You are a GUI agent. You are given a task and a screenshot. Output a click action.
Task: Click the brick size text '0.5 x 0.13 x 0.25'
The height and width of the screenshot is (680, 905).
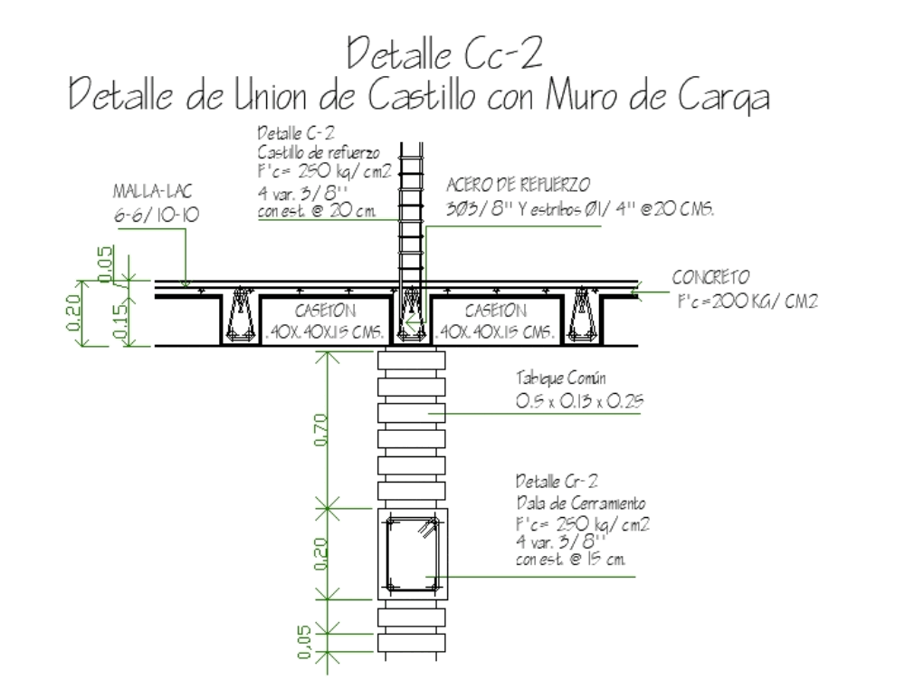tap(578, 402)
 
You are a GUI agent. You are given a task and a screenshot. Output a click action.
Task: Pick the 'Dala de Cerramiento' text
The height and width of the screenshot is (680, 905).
tap(580, 503)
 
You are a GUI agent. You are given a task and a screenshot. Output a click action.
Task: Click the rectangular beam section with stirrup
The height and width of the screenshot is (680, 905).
tap(412, 553)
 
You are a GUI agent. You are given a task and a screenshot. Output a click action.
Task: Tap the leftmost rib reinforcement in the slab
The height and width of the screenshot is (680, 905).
tap(240, 315)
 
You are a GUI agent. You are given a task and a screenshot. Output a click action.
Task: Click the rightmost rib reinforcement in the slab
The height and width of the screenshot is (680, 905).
tap(583, 315)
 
